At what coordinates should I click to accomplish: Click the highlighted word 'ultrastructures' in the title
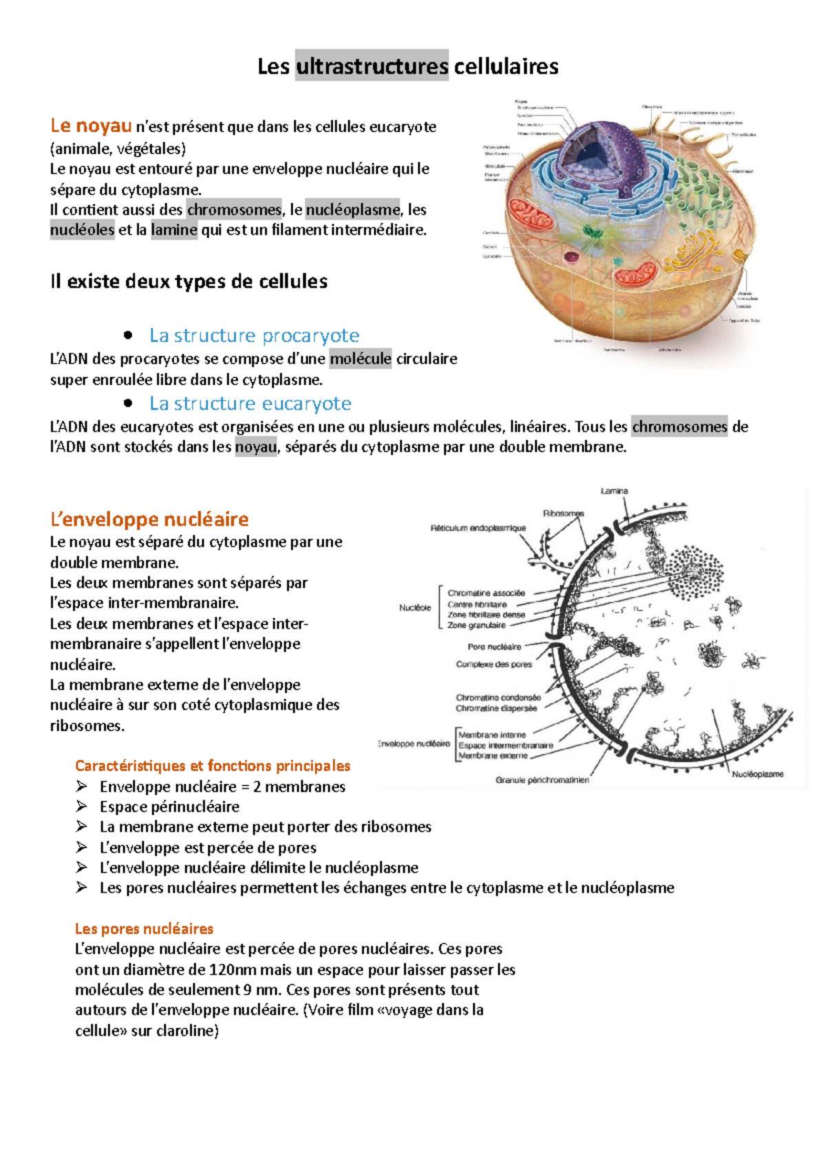(372, 67)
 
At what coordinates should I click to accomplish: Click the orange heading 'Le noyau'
(91, 126)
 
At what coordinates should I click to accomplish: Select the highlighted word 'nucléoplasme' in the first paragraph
(352, 209)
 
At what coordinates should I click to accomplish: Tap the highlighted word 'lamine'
(174, 230)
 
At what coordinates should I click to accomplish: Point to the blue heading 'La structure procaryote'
(254, 335)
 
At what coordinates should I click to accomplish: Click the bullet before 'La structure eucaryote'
(127, 403)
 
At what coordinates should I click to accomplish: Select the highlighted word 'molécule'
(361, 359)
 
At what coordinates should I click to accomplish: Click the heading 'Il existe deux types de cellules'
(189, 282)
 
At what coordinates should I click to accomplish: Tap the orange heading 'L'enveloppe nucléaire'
(149, 519)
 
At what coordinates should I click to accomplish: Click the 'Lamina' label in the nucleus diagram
(614, 492)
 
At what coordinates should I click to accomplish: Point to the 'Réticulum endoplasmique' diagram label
(478, 529)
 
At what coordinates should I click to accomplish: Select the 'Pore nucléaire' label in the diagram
(494, 647)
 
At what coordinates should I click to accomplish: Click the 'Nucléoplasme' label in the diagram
(757, 775)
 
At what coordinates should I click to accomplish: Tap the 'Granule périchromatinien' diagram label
(542, 781)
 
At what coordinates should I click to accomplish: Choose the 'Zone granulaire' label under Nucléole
(476, 626)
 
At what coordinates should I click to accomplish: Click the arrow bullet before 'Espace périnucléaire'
(82, 806)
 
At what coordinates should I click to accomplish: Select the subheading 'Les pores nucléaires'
(144, 929)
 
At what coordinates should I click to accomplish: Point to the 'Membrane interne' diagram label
(491, 735)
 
